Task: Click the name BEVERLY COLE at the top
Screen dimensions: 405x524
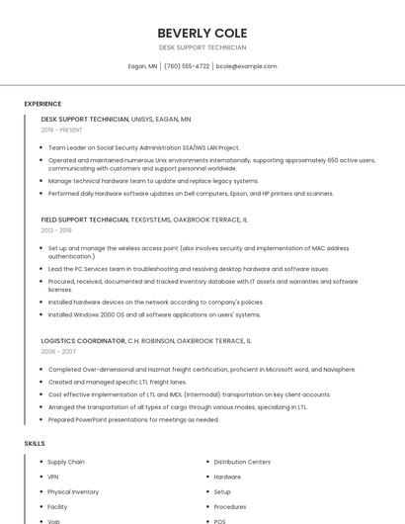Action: (x=202, y=33)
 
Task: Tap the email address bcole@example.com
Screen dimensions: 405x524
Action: (x=246, y=66)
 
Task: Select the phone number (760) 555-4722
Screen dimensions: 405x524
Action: (x=187, y=66)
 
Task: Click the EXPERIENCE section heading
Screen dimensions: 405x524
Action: (x=42, y=104)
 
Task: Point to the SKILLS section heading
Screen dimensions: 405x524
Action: (x=35, y=444)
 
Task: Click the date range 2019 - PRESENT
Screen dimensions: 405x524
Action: (x=62, y=130)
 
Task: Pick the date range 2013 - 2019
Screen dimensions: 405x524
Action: (x=56, y=230)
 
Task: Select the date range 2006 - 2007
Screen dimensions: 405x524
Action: (x=58, y=352)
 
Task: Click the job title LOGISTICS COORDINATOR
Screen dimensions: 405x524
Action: (x=84, y=340)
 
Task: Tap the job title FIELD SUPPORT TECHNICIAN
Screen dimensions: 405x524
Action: (x=85, y=219)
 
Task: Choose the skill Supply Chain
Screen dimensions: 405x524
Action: (x=66, y=462)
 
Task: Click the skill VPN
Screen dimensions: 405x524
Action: (x=53, y=477)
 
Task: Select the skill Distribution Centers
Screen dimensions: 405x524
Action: (x=242, y=462)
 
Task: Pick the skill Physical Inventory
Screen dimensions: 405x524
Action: (x=73, y=491)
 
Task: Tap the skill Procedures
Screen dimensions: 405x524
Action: (x=230, y=506)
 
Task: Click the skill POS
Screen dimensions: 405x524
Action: (x=219, y=520)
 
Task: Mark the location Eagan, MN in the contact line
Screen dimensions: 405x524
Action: (x=143, y=66)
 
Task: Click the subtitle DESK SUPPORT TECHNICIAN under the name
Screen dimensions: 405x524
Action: (x=202, y=47)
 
